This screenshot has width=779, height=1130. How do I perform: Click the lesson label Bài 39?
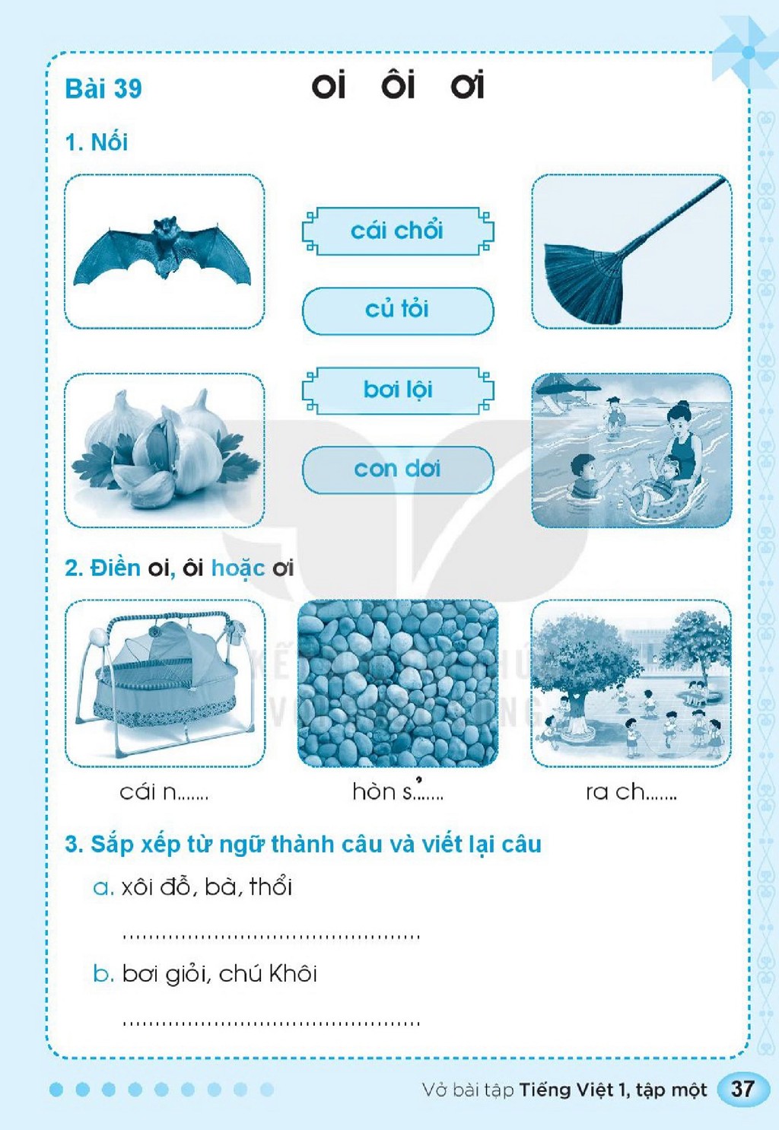point(103,88)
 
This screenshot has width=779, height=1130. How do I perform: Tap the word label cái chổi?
point(397,231)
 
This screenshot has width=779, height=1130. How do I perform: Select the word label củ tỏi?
point(397,309)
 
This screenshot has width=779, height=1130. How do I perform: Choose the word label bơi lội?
point(398,390)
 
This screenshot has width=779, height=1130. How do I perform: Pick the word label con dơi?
point(397,470)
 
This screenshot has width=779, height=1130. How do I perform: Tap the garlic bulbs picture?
point(164,449)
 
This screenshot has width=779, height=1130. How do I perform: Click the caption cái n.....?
point(164,792)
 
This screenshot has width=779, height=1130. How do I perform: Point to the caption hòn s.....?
point(398,790)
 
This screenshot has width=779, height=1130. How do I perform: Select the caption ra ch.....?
point(631,792)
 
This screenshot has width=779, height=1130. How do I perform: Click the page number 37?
point(742,1089)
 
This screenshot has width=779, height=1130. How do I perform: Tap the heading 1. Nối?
point(97,142)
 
